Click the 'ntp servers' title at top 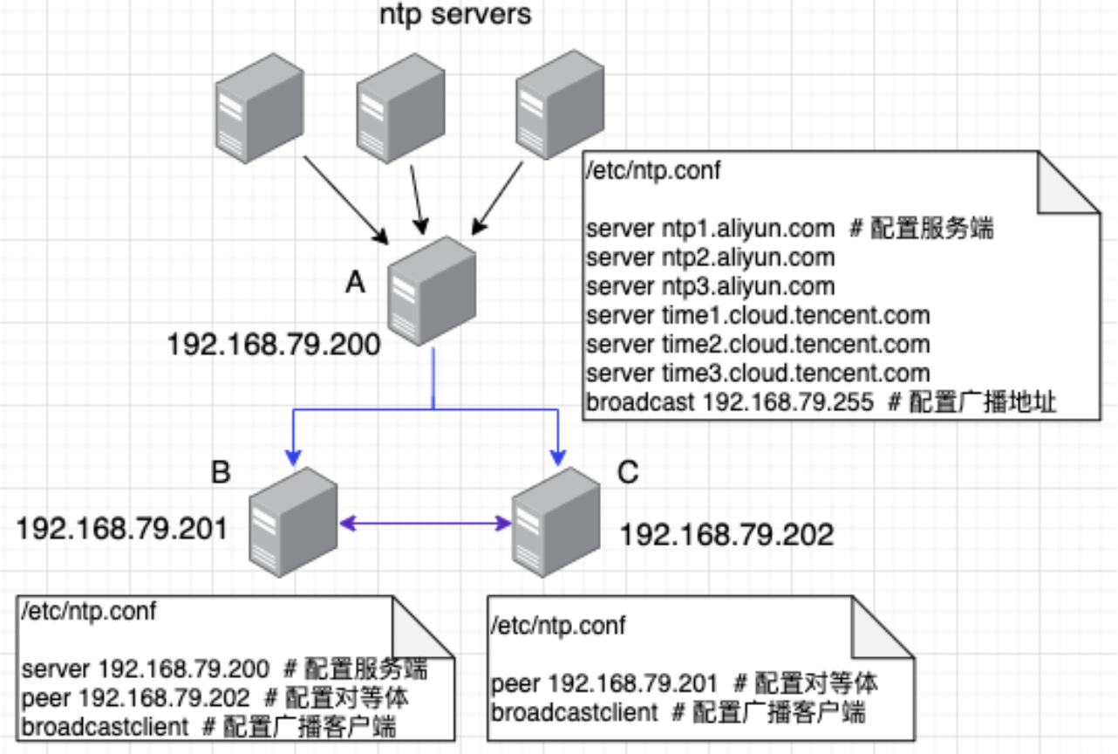pos(455,15)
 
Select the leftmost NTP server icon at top pos(260,106)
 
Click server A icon pos(433,291)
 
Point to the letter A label pos(355,281)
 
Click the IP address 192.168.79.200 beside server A pos(274,346)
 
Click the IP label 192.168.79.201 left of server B pos(122,528)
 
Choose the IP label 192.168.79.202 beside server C pos(726,533)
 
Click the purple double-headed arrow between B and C pos(425,524)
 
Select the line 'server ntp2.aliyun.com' pos(711,258)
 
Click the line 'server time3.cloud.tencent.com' pos(758,374)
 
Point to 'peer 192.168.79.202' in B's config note pos(135,698)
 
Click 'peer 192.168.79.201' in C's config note pos(604,683)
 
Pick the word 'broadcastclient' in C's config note pos(575,712)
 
